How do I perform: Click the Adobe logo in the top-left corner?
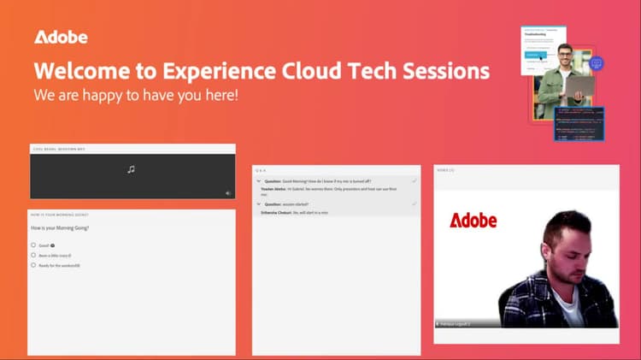pos(61,37)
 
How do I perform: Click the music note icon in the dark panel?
pos(131,169)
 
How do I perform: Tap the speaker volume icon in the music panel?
pos(228,193)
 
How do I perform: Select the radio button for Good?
pos(33,245)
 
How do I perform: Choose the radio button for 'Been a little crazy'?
pos(33,255)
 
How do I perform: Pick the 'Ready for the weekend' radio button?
pos(33,265)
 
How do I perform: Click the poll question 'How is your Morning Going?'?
pos(60,228)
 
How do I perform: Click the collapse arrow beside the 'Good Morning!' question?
pos(259,181)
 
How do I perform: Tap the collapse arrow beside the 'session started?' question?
pos(259,204)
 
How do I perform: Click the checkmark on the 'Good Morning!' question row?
pos(415,181)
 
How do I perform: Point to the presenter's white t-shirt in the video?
pos(562,300)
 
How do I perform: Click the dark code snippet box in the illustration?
pos(579,122)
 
